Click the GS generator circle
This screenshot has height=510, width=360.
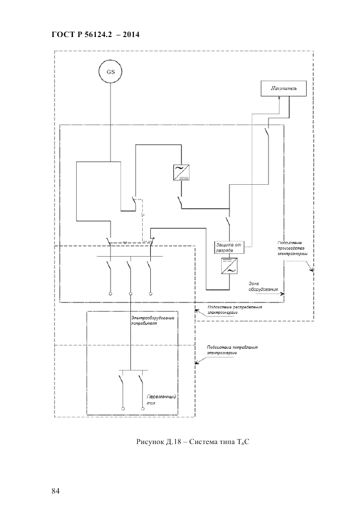click(x=111, y=71)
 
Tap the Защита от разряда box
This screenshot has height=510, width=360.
click(x=228, y=247)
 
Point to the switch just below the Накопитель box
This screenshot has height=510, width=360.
click(x=267, y=132)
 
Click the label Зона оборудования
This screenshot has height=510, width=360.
click(x=264, y=286)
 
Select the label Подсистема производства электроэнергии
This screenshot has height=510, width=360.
click(x=293, y=249)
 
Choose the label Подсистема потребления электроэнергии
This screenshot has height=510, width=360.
click(x=231, y=350)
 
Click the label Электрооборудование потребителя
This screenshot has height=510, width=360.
click(x=152, y=320)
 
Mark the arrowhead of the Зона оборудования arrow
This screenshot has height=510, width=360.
click(x=282, y=294)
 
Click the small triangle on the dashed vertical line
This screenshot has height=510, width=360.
click(x=143, y=216)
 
